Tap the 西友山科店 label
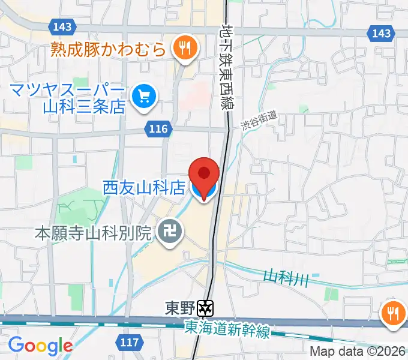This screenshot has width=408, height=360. (x=145, y=188)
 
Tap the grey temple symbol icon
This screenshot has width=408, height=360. (x=170, y=232)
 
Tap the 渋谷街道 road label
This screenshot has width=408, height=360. (x=259, y=122)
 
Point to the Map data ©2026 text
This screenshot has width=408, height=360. (x=358, y=352)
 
